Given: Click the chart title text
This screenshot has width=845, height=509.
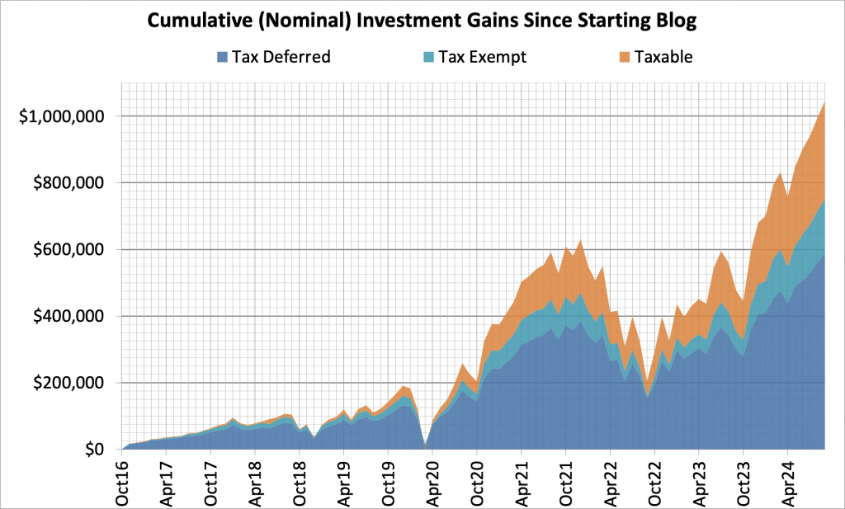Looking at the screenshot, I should pyautogui.click(x=422, y=21).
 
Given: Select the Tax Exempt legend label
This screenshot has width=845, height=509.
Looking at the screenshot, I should pyautogui.click(x=482, y=57).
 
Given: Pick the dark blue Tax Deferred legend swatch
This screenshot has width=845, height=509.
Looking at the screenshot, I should pyautogui.click(x=222, y=57).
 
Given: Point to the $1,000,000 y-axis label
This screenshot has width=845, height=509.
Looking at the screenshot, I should pyautogui.click(x=64, y=116).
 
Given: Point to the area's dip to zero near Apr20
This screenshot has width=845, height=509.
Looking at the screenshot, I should pyautogui.click(x=424, y=447).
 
